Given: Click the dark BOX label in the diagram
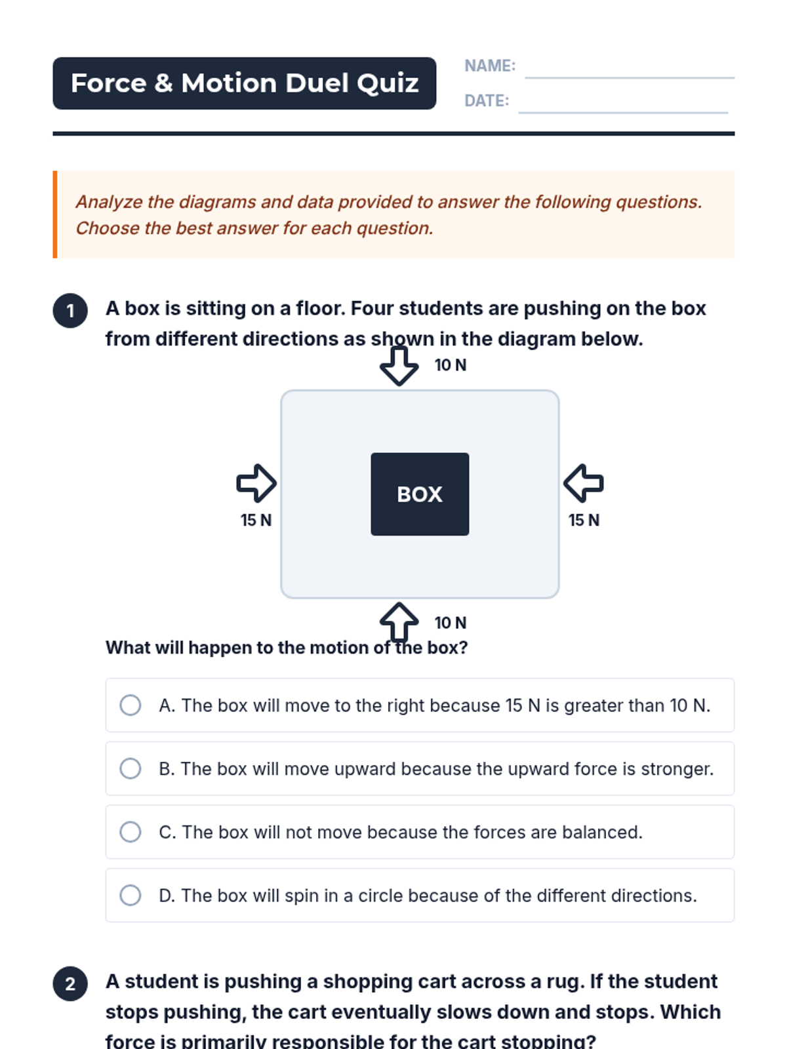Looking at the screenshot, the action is (420, 494).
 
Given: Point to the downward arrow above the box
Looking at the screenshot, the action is (399, 366).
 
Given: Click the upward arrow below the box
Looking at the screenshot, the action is (399, 622).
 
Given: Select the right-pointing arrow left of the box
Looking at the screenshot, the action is (256, 483).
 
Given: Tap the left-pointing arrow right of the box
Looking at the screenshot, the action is (584, 483).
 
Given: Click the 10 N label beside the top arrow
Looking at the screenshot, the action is (451, 365).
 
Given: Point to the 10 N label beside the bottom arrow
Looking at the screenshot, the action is (451, 623).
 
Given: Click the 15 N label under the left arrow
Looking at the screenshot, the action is (256, 520).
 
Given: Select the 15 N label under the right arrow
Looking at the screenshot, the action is (584, 520).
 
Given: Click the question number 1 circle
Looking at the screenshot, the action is (70, 311).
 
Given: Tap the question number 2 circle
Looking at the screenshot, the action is (70, 983).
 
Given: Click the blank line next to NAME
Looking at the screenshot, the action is (630, 77).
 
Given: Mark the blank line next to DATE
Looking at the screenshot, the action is (623, 113).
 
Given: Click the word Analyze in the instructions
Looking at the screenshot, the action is (110, 203).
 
